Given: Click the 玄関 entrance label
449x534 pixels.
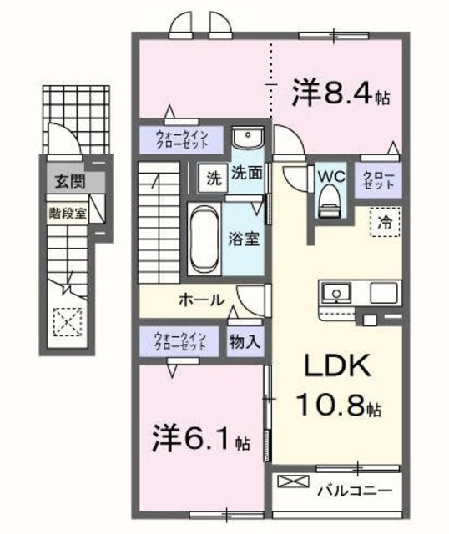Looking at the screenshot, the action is click(x=70, y=180).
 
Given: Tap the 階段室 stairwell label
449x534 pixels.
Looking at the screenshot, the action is click(x=68, y=214).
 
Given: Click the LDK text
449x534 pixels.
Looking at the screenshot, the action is click(x=337, y=365).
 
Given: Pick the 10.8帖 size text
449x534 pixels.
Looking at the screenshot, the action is click(x=339, y=405).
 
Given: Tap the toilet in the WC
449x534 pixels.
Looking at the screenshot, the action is click(x=330, y=201).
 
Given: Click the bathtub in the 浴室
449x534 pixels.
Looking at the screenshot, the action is click(x=204, y=239).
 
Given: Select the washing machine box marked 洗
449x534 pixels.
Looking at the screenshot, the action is click(x=214, y=179).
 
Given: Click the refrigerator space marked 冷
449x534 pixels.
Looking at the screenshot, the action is click(x=386, y=222).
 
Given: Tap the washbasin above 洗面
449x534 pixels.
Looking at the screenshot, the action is click(x=248, y=137).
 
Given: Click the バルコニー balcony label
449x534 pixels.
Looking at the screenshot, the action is click(x=355, y=491).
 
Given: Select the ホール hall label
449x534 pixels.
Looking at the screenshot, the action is click(x=202, y=300).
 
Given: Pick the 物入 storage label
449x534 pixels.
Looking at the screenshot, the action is click(x=245, y=341).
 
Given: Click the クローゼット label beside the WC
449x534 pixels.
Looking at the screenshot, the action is click(x=378, y=180).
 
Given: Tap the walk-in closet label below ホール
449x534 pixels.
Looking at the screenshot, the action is click(x=180, y=341).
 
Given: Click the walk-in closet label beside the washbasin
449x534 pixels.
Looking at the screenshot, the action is click(x=182, y=139).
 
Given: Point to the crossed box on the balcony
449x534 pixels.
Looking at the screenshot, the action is click(x=293, y=481).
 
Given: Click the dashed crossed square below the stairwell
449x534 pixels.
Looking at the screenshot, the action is click(x=68, y=322).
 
